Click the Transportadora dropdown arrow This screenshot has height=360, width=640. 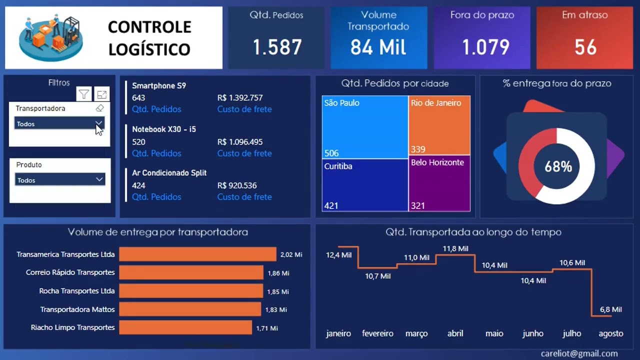(98, 123)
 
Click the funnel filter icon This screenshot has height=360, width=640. (84, 94)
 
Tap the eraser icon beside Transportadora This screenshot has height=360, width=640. (99, 108)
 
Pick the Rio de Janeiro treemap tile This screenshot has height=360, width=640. (439, 125)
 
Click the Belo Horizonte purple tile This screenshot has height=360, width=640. (439, 183)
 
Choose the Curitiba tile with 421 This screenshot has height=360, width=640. (365, 185)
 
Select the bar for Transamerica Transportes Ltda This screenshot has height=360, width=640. (197, 254)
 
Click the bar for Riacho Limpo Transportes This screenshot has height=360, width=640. (185, 327)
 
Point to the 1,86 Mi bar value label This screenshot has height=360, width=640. (278, 273)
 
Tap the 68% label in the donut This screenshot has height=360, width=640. (558, 166)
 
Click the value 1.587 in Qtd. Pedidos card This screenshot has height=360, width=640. (277, 47)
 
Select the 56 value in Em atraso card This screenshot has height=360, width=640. (585, 47)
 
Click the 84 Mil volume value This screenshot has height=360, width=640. (378, 47)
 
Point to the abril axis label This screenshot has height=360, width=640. (455, 333)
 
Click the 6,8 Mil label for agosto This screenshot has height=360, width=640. (610, 309)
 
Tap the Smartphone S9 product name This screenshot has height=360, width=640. (159, 85)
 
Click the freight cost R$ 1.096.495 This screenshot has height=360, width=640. (240, 142)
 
